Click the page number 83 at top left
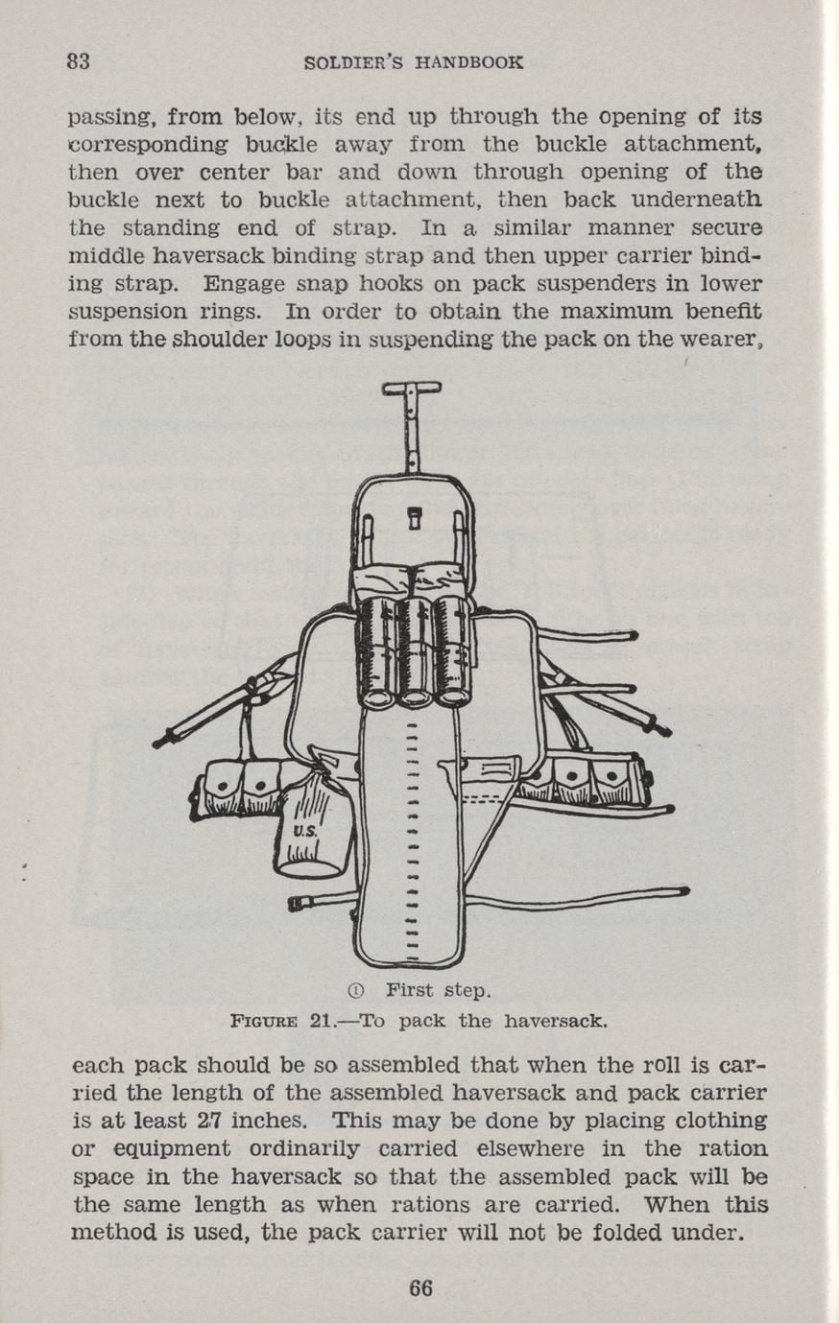[x=79, y=62]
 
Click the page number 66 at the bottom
[x=420, y=1288]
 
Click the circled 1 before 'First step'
[x=354, y=990]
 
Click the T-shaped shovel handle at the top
[x=411, y=389]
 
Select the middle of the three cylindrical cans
[x=414, y=650]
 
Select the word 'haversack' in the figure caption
[x=560, y=1021]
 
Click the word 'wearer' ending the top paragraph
[x=732, y=340]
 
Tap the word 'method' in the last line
[x=108, y=1233]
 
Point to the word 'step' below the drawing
[x=466, y=990]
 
